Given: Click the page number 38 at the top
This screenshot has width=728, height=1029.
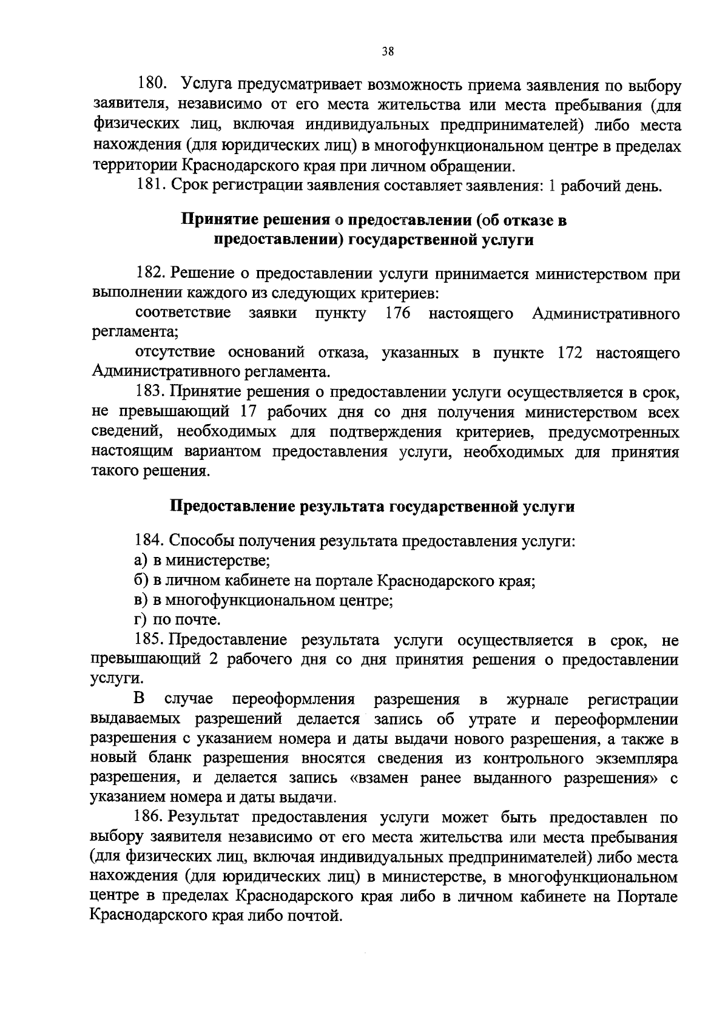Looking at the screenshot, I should click(x=388, y=52).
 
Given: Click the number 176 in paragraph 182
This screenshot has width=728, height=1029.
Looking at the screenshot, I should click(x=397, y=314).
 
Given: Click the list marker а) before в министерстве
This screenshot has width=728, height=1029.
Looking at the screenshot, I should click(x=141, y=561).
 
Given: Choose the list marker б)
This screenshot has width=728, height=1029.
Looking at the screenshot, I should click(x=141, y=581).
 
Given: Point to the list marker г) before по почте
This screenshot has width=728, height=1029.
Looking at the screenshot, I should click(x=141, y=620).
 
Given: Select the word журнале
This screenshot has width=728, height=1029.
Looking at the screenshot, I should click(x=537, y=700).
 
